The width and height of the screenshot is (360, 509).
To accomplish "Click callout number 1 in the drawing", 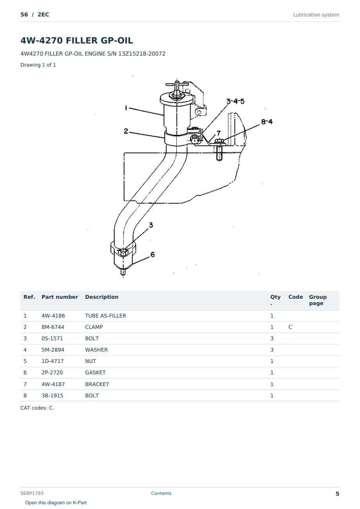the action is (x=126, y=108).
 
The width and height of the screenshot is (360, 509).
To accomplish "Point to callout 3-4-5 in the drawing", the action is (x=236, y=101).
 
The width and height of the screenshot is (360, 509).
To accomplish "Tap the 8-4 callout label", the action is (x=267, y=122).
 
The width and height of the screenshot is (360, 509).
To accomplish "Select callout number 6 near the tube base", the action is (x=153, y=254).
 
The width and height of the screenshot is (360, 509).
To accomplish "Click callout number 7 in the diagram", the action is (x=218, y=133).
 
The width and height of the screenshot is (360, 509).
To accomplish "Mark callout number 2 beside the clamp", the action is (x=126, y=131).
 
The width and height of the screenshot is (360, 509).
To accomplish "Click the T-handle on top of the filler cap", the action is (x=177, y=85).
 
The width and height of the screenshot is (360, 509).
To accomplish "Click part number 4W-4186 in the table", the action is (x=53, y=316).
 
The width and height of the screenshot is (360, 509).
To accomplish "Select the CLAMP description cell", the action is (x=94, y=327).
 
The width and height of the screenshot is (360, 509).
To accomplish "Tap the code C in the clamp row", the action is (x=290, y=327).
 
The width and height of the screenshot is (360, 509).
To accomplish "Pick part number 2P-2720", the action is (x=52, y=372).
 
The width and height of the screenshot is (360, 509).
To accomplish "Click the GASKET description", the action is (x=95, y=372).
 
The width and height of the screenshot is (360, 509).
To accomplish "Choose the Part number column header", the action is (x=60, y=297).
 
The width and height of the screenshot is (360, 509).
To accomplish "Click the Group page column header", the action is (x=318, y=300).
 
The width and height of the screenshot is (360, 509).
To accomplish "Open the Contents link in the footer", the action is (x=161, y=493).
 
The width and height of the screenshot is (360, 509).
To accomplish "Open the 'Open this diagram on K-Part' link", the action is (x=56, y=502).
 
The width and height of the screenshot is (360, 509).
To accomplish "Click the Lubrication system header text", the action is (x=316, y=15).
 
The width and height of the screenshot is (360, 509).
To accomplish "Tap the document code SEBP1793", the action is (x=32, y=493).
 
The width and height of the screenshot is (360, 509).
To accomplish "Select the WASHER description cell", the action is (x=96, y=350).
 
